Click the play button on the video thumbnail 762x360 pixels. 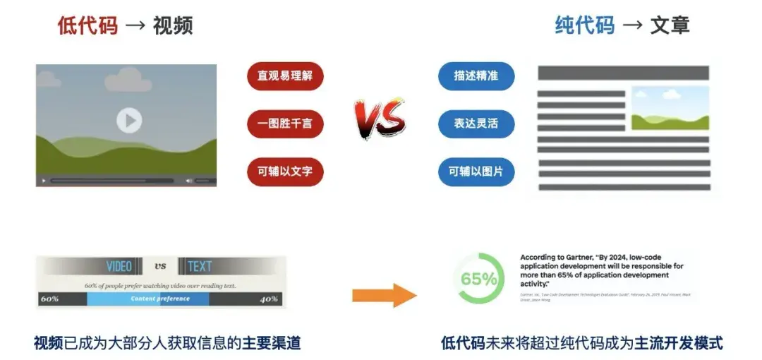tap(128, 121)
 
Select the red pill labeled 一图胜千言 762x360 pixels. tap(285, 124)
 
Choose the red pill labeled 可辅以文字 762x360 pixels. tap(285, 171)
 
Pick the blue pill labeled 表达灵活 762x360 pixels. tap(476, 124)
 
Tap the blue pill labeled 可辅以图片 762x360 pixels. tap(476, 172)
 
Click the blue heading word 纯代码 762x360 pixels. tap(584, 26)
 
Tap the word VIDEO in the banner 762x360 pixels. tap(119, 266)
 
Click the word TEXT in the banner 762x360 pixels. tap(199, 266)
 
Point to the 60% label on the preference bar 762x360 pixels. tap(49, 299)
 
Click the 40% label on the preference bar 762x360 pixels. tap(269, 299)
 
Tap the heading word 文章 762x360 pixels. tap(670, 26)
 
